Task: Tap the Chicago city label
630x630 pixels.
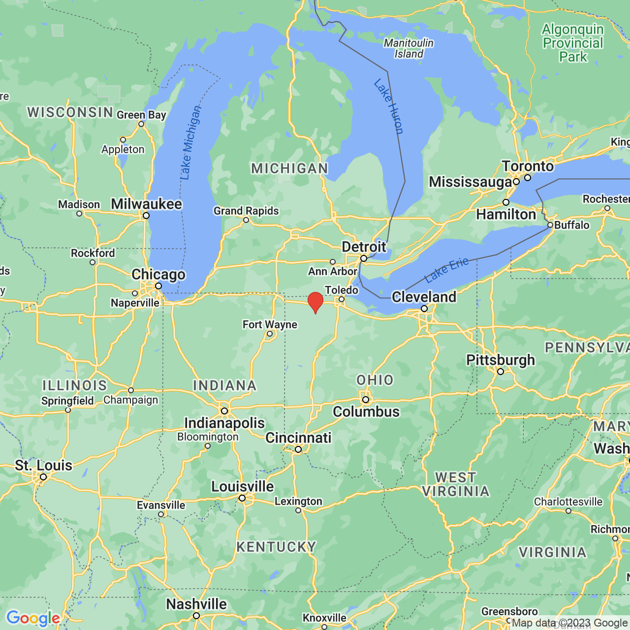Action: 158,275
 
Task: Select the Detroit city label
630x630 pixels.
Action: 364,247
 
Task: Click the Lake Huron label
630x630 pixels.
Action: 389,106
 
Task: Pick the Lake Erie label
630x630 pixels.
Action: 446,270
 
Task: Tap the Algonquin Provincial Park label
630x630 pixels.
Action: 573,43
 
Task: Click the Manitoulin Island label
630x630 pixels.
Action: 409,48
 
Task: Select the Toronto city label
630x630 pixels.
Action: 528,166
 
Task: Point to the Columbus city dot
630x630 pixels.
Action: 366,400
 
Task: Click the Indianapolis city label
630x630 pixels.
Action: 224,423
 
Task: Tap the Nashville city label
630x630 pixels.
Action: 196,604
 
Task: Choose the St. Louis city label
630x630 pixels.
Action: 43,465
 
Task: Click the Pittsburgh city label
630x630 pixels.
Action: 501,360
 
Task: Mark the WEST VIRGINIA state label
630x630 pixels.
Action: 456,484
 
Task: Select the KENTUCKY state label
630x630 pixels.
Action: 276,547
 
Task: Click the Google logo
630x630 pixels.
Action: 33,618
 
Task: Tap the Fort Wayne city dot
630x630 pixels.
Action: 270,334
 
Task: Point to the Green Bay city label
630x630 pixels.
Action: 141,115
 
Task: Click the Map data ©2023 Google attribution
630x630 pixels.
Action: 569,623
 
